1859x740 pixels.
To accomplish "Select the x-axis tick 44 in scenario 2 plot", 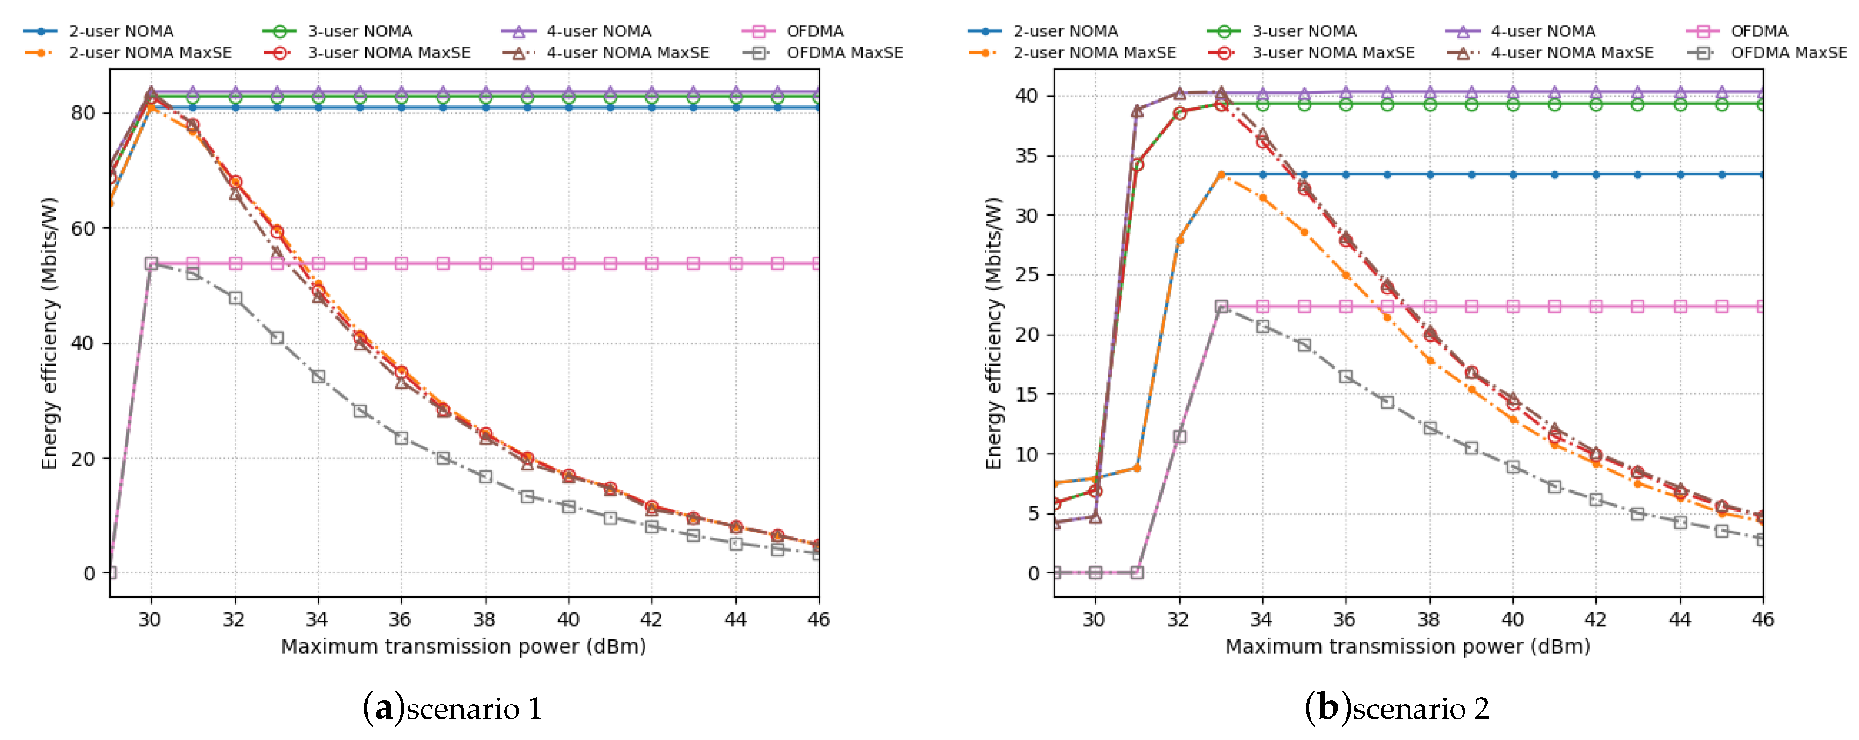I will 1679,620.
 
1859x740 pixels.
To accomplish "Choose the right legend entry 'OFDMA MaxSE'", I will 1788,53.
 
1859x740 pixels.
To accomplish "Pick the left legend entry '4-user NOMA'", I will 598,31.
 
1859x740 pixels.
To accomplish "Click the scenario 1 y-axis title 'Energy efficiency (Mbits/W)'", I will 49,334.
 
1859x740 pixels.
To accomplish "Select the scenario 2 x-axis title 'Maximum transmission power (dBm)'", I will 1407,646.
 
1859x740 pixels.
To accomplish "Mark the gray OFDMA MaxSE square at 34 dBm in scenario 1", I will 318,377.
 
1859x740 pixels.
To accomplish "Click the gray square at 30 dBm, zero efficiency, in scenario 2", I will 1096,572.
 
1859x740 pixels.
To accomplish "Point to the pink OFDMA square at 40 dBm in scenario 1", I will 569,264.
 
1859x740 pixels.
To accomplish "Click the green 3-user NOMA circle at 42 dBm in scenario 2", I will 1596,105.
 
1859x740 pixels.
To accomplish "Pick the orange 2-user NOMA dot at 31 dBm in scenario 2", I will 1138,468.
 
